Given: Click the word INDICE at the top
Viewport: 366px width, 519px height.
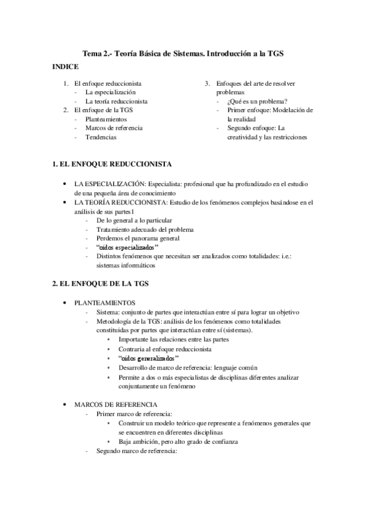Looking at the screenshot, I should pyautogui.click(x=65, y=65).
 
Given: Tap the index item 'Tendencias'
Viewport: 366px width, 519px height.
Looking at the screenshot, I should pyautogui.click(x=101, y=137).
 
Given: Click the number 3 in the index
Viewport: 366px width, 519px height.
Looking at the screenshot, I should pyautogui.click(x=207, y=83).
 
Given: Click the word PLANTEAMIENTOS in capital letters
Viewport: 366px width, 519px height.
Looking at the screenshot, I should pyautogui.click(x=105, y=303).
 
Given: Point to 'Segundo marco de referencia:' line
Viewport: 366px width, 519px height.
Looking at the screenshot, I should pyautogui.click(x=136, y=451).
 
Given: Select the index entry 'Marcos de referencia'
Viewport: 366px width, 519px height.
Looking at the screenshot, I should pyautogui.click(x=114, y=128).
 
